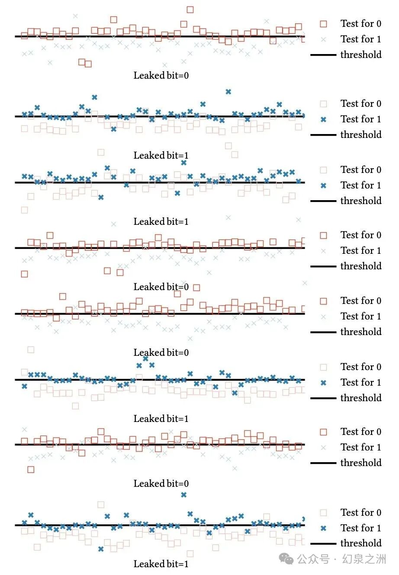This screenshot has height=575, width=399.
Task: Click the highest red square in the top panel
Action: [190, 10]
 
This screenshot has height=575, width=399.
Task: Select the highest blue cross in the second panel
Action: [228, 92]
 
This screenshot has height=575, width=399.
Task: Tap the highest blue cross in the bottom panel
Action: [183, 495]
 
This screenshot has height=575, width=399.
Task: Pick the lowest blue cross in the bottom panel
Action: [101, 549]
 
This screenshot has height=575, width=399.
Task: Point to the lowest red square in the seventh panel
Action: [31, 470]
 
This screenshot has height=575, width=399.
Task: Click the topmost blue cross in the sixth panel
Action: [146, 358]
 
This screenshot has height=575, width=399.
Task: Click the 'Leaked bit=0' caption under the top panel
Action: [161, 76]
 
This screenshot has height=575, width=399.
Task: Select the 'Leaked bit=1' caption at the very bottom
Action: [161, 564]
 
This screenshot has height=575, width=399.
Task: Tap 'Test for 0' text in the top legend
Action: [361, 24]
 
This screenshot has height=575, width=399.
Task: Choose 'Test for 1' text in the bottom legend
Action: [361, 528]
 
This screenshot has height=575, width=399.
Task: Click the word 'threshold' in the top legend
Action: [361, 54]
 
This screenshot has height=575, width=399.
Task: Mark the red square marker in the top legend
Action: [323, 24]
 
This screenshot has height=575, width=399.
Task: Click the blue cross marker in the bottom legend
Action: [323, 528]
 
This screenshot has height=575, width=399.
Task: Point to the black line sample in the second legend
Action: [323, 135]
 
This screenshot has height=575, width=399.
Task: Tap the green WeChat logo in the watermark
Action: [286, 559]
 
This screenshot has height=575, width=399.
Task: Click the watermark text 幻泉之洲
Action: [364, 559]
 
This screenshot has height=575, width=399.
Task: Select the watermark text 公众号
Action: [313, 559]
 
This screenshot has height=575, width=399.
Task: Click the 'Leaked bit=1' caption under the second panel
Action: [161, 156]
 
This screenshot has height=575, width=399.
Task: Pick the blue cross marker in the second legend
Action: [323, 119]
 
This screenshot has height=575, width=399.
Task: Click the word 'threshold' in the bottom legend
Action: [361, 543]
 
